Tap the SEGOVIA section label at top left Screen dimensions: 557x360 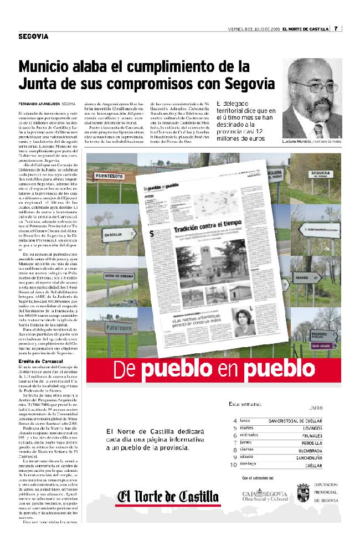click(x=33, y=37)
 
